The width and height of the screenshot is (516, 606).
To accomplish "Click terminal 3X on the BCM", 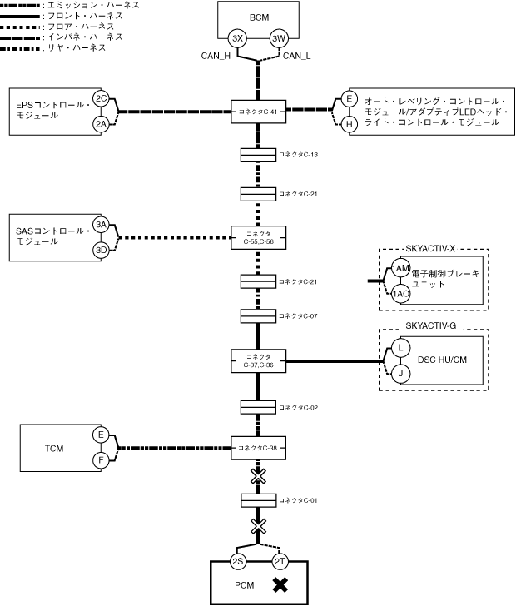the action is [x=237, y=38].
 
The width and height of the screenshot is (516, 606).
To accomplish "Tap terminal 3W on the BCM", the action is [x=279, y=38].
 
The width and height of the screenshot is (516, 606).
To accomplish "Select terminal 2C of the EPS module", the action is [x=101, y=98].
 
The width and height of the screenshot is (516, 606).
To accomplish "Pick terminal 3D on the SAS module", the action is [x=101, y=250].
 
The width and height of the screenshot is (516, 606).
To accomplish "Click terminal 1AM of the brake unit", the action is [x=400, y=268].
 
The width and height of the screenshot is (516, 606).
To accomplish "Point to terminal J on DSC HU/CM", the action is [x=400, y=374].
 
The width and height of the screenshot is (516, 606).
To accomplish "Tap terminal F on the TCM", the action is [x=101, y=460].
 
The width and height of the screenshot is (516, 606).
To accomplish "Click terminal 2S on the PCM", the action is [x=237, y=561].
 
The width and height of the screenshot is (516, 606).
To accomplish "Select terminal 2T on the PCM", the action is [x=280, y=561].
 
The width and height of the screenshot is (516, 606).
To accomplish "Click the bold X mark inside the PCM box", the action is [x=280, y=585].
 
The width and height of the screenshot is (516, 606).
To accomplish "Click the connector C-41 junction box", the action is [x=259, y=112].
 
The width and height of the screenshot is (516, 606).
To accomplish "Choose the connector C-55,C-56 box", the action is [x=259, y=238].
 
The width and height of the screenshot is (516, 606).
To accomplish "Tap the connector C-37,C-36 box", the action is [x=259, y=361].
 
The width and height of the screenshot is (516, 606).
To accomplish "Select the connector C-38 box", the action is [x=259, y=448].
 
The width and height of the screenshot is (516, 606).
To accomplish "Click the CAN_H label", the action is [x=216, y=56].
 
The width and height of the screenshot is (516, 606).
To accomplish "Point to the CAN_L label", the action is [x=297, y=56].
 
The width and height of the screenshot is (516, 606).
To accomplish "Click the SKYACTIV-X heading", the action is [x=430, y=249].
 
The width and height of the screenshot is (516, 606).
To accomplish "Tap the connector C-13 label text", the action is [x=299, y=155].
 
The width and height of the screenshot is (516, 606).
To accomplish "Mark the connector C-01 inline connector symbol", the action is [x=259, y=500].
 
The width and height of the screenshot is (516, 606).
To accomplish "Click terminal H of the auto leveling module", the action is [x=349, y=125].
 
